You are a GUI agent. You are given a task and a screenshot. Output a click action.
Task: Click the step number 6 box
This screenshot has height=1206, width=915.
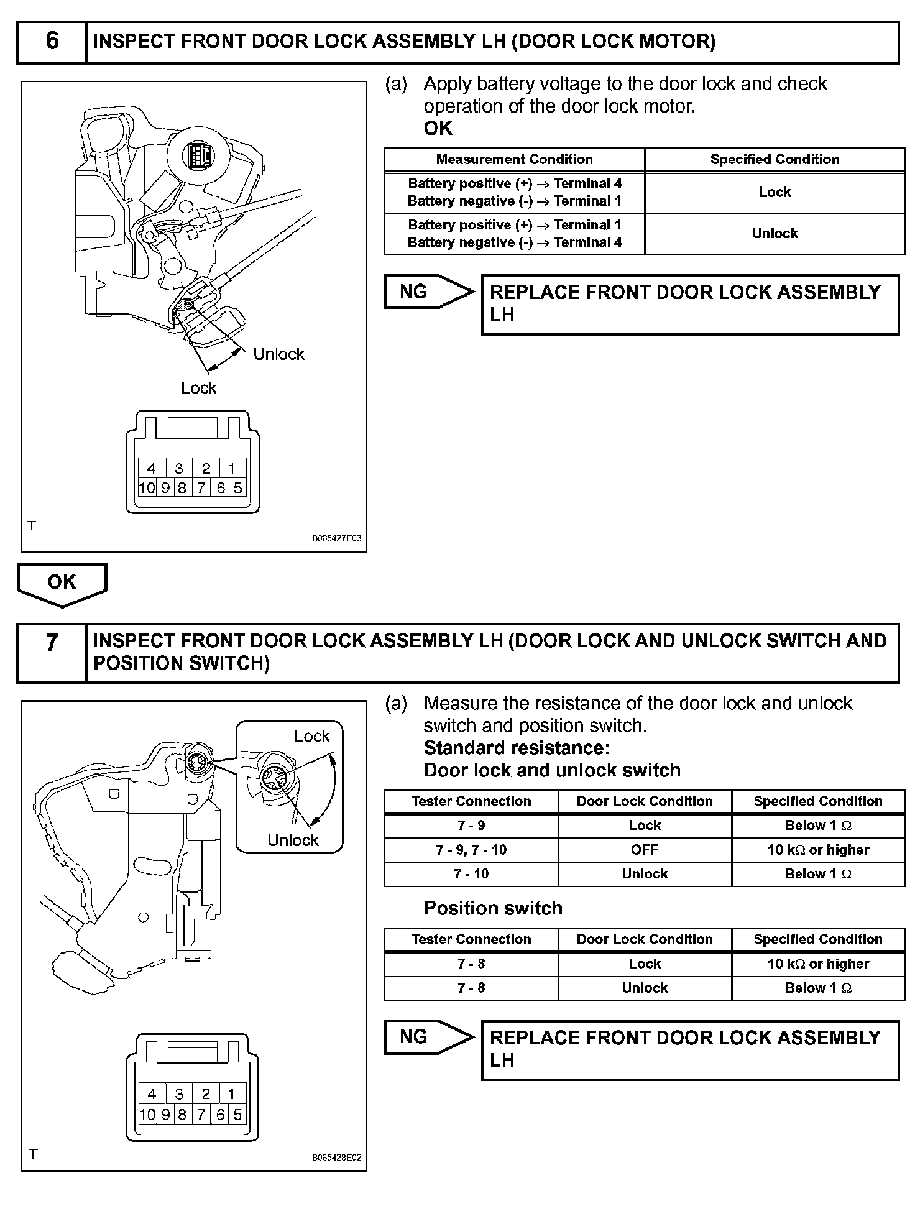pos(52,42)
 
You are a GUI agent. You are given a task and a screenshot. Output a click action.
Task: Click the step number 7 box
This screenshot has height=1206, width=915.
pos(52,653)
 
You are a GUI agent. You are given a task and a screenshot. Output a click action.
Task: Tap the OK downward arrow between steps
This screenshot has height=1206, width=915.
pos(62,584)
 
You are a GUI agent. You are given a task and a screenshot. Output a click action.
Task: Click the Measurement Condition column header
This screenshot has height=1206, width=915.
pos(514,160)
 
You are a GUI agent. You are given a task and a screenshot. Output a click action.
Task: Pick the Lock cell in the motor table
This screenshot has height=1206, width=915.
pos(775,193)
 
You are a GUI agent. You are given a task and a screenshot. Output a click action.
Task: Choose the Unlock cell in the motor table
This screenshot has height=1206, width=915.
pos(775,234)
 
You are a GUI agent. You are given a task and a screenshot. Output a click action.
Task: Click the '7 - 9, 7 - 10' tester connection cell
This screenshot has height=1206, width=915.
pos(471,850)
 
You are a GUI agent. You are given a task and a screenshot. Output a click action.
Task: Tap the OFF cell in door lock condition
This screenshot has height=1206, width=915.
pos(645,850)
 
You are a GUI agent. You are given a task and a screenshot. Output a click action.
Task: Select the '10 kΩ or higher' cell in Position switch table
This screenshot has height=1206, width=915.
pos(818,964)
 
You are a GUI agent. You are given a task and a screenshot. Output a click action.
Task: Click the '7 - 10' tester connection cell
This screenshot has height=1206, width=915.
pos(471,874)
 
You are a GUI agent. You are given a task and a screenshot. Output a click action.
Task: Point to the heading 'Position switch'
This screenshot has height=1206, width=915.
pos(493,908)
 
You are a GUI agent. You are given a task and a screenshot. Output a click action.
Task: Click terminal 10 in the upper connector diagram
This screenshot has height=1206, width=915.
pos(147,488)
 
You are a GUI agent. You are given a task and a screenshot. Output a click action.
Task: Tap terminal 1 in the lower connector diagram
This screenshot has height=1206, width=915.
pos(232,1093)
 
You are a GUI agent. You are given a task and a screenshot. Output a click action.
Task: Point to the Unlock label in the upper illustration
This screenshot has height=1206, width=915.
pos(278,354)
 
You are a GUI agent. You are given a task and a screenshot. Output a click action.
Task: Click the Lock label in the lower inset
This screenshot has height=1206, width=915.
pos(311,736)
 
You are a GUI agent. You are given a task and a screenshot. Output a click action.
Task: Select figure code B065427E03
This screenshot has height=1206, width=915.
pos(336,538)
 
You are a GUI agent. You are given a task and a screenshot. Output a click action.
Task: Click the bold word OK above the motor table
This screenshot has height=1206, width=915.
pos(438,128)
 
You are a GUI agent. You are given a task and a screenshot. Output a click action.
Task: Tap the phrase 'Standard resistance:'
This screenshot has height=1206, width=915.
pos(517,748)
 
